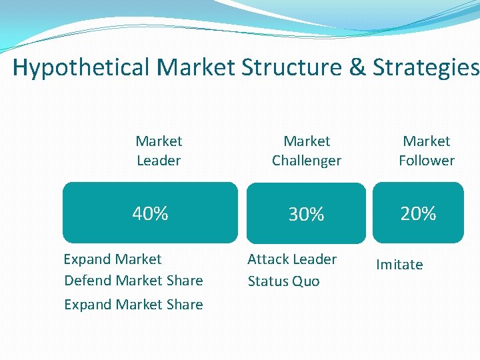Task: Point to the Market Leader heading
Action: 159,151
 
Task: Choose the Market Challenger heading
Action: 307,151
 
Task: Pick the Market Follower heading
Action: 427,151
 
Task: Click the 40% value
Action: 150,213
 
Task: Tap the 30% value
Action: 306,214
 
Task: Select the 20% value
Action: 418,213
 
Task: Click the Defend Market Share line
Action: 133,281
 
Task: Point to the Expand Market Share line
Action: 133,304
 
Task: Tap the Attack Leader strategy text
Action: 292,259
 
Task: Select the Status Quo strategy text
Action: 283,281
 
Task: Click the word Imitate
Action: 399,265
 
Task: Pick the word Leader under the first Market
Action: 159,161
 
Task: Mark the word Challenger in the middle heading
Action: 307,161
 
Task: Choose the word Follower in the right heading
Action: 427,161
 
